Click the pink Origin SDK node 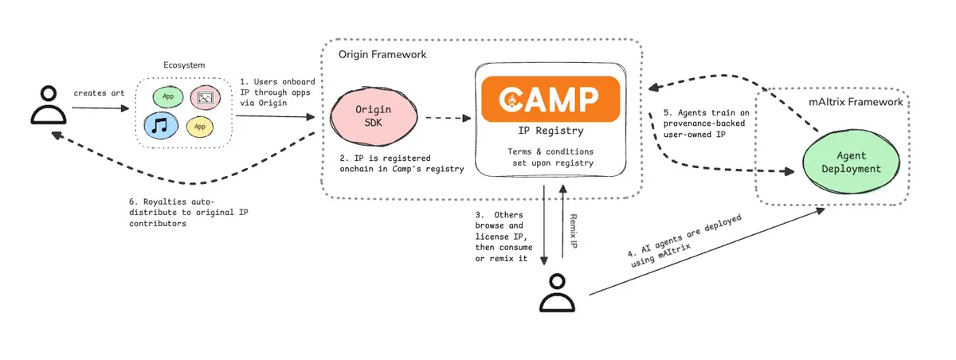tap(374, 116)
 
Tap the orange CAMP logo tap(550, 99)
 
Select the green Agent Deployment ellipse tap(851, 162)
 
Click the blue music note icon tap(160, 126)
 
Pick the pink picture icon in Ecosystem tap(206, 98)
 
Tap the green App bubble tap(168, 96)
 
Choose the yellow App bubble tap(200, 127)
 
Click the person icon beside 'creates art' tap(49, 105)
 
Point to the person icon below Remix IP tap(557, 293)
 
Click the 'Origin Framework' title tap(382, 55)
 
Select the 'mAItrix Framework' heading tap(856, 102)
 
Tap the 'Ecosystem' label tap(184, 65)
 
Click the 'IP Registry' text tap(550, 131)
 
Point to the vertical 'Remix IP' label tap(574, 231)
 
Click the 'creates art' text tap(99, 93)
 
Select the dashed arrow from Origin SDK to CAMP tap(448, 118)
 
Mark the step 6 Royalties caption tap(189, 213)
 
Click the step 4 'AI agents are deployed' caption tap(684, 241)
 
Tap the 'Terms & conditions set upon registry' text tap(550, 157)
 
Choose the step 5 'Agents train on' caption tap(707, 123)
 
